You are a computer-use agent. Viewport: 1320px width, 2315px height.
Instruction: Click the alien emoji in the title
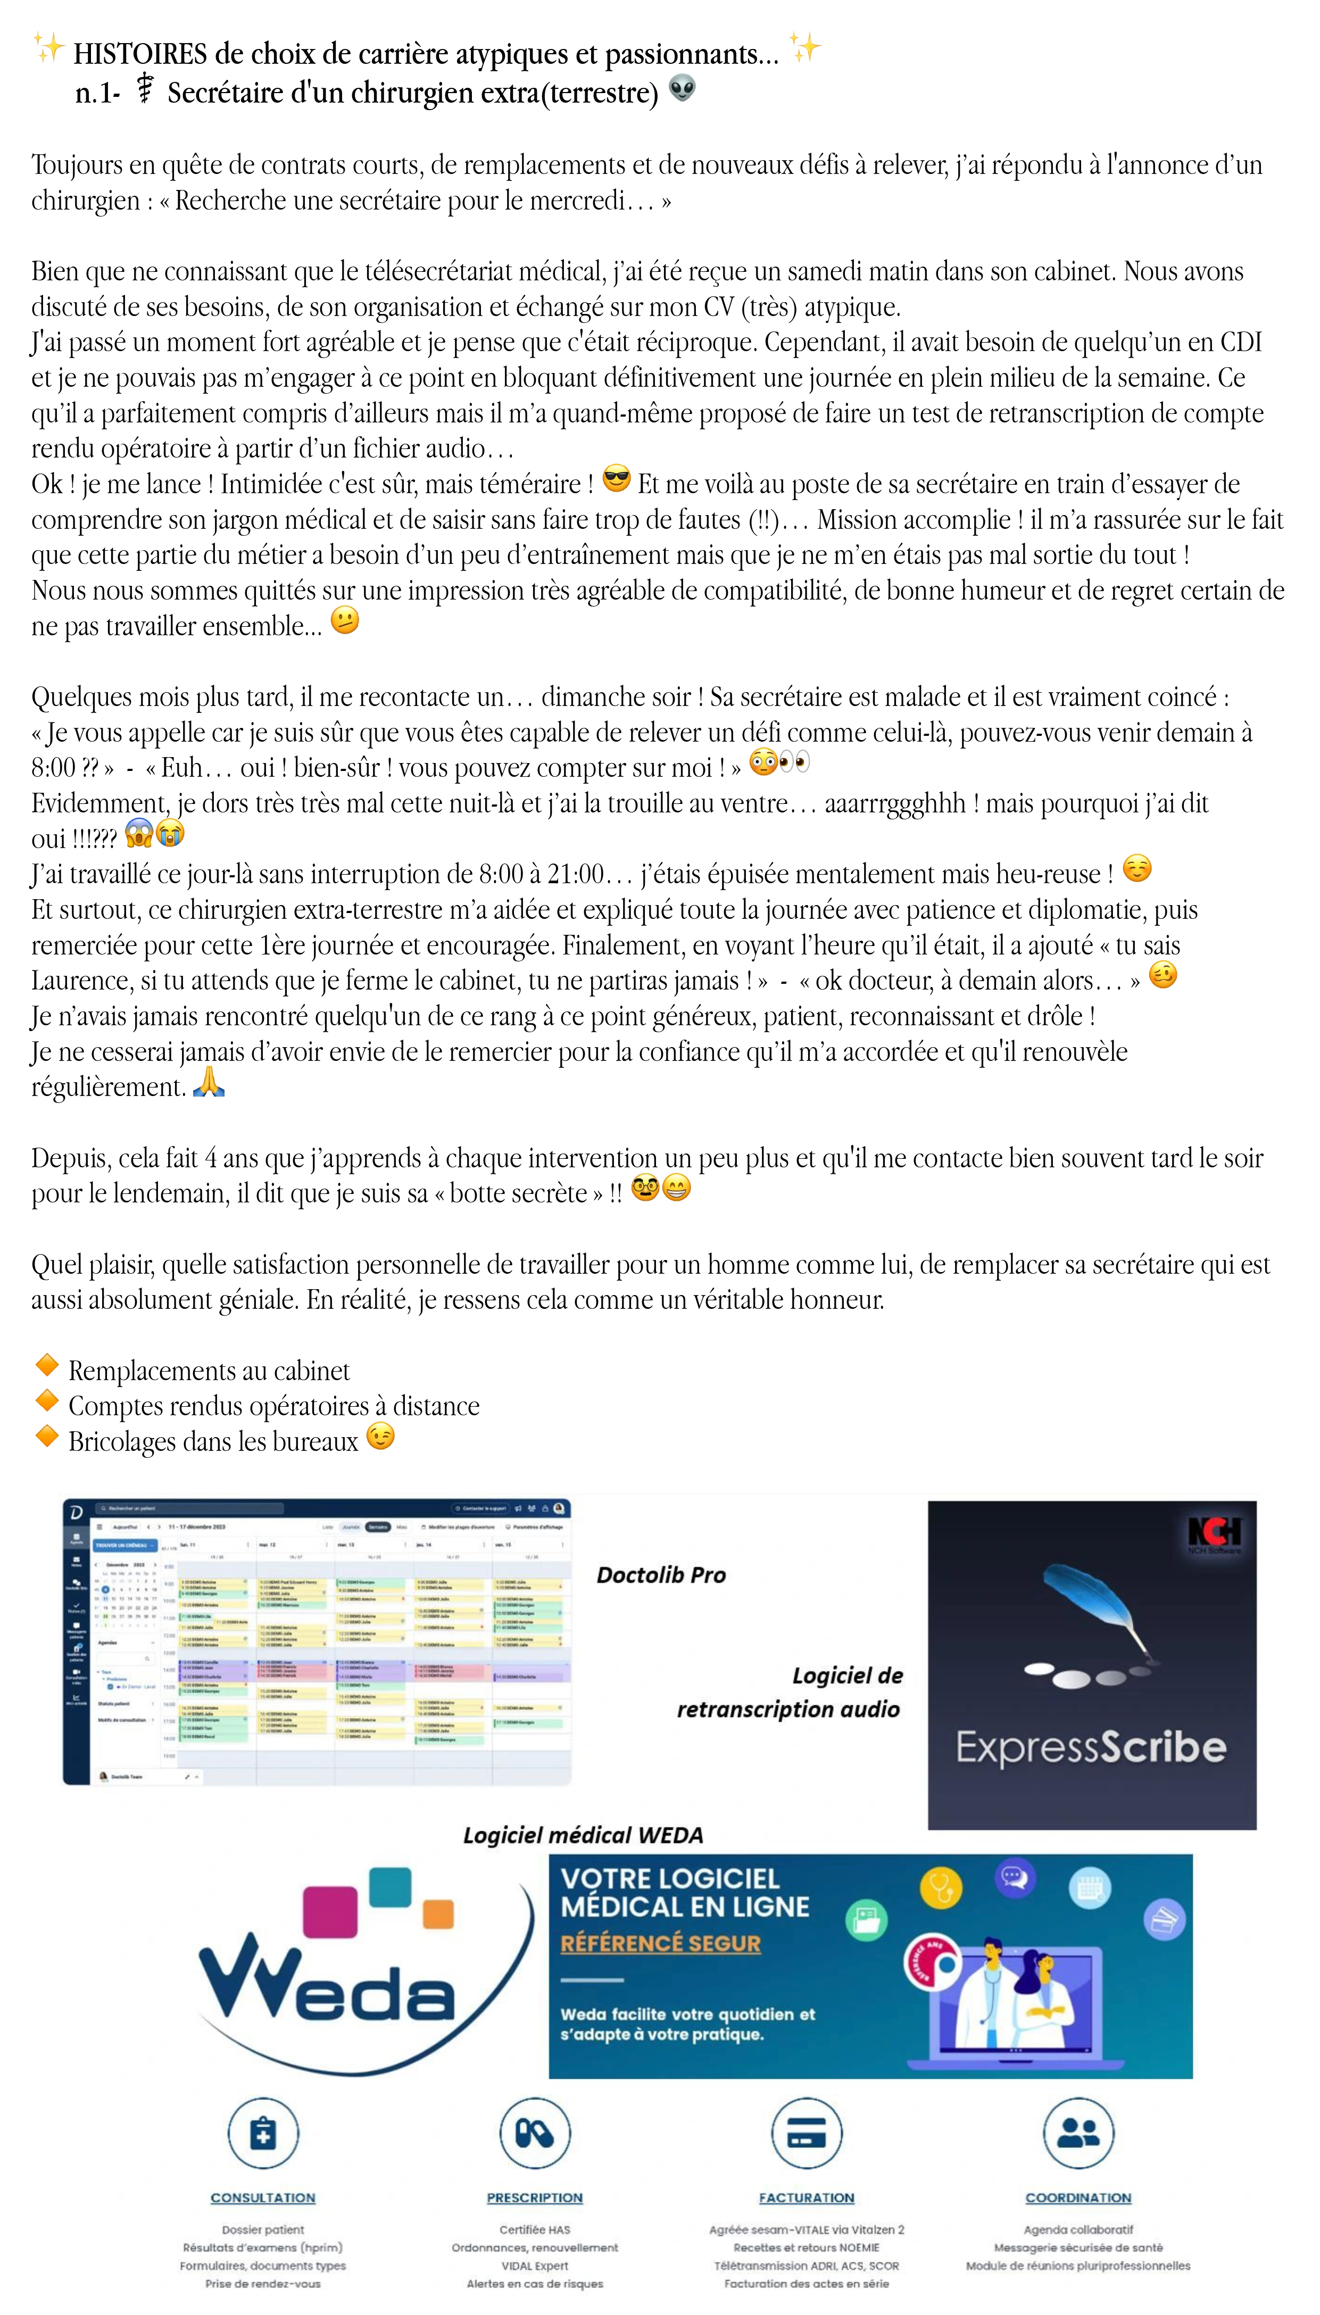point(682,89)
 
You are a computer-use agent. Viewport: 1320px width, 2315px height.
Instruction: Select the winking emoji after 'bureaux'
point(381,1437)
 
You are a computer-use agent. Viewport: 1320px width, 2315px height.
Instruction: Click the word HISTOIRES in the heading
point(140,54)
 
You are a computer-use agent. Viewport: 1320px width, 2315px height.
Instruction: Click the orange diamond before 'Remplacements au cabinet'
point(46,1366)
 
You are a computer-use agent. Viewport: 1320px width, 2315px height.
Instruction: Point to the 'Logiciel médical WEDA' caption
point(583,1836)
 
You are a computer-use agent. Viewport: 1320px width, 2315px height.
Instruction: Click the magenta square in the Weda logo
point(329,1913)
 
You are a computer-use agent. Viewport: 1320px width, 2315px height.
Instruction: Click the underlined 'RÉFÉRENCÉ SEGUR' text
point(660,1944)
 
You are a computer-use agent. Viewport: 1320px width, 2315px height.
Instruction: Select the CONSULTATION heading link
point(263,2197)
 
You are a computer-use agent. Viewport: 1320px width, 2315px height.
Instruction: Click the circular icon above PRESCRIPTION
point(535,2133)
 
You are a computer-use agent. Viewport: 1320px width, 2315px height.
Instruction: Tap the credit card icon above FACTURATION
point(806,2133)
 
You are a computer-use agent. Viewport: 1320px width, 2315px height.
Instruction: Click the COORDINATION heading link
point(1078,2197)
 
